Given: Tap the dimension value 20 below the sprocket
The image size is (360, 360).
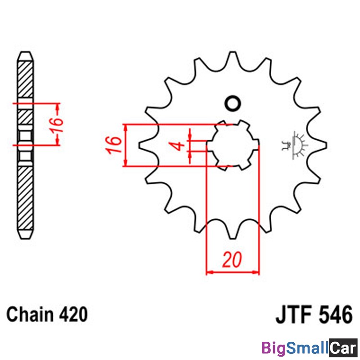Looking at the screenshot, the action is pyautogui.click(x=232, y=260).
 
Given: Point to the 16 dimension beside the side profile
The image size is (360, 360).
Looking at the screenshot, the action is pyautogui.click(x=57, y=125).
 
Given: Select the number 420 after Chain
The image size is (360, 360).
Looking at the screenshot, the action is pyautogui.click(x=73, y=314).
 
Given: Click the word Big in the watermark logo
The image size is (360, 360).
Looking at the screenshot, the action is pyautogui.click(x=274, y=348).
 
